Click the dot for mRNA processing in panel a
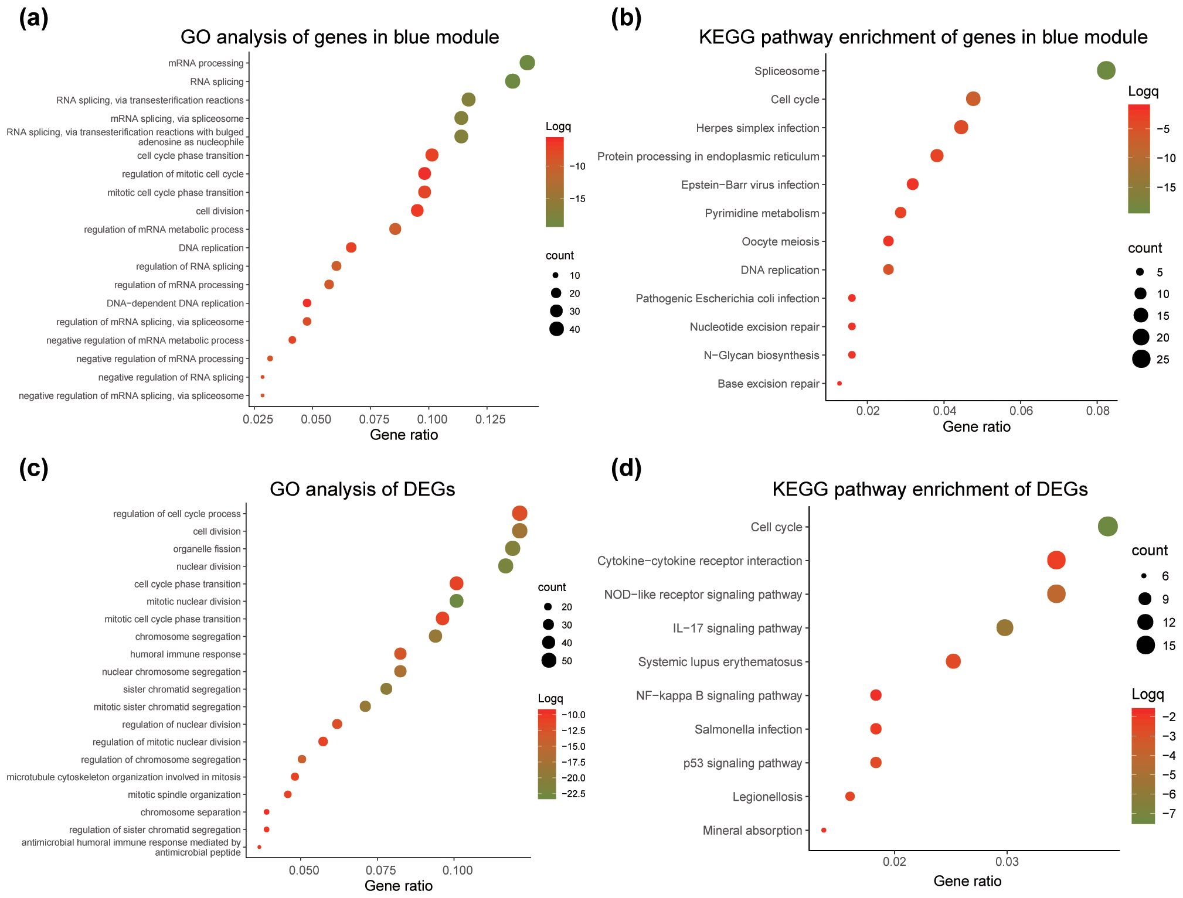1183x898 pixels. click(527, 63)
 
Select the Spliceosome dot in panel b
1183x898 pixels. click(1106, 70)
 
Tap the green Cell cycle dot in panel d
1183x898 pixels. click(1107, 526)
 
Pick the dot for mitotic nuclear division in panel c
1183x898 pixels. click(456, 600)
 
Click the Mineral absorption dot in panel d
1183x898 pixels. click(824, 830)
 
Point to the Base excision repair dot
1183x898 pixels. click(839, 383)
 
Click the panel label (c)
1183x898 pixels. click(33, 469)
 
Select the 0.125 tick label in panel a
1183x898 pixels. click(490, 419)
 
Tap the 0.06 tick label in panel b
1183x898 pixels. click(1021, 411)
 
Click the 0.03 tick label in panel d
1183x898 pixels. click(1007, 862)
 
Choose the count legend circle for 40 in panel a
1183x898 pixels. click(556, 329)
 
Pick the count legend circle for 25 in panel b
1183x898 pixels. click(1141, 359)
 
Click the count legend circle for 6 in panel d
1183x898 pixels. click(1144, 576)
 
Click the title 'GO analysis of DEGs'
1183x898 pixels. click(362, 489)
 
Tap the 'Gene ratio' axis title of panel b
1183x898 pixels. click(976, 426)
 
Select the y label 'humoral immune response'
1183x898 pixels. click(185, 654)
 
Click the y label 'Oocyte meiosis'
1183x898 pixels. click(780, 241)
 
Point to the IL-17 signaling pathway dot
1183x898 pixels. click(1004, 627)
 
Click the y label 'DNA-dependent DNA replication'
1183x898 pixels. click(175, 303)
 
